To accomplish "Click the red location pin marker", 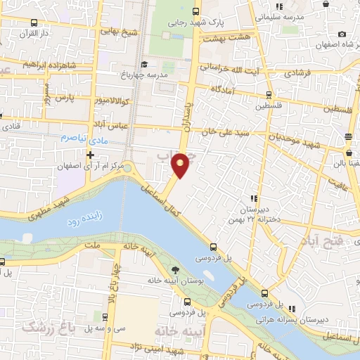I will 181,165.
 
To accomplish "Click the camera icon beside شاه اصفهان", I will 342,34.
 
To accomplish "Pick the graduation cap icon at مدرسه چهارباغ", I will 145,65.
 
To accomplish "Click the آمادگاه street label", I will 236,91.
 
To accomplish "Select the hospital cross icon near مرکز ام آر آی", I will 91,153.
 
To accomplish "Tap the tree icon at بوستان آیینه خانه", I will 175,270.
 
